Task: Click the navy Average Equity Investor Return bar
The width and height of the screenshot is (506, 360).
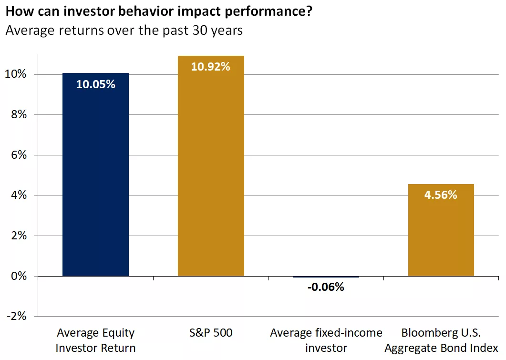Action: pos(95,181)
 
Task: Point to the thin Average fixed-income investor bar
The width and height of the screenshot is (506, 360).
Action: pos(326,277)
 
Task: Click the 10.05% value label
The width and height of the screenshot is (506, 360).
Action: pos(95,84)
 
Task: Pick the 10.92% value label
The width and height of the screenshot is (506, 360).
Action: pos(211,67)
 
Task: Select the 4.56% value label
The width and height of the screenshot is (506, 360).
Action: pos(441,195)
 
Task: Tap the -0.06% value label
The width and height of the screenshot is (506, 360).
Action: pos(326,287)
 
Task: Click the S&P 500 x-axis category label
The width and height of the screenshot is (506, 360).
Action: pos(211,333)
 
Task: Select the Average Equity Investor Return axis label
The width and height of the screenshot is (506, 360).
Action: pos(95,340)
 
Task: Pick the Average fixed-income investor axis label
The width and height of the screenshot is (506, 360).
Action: pos(326,340)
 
